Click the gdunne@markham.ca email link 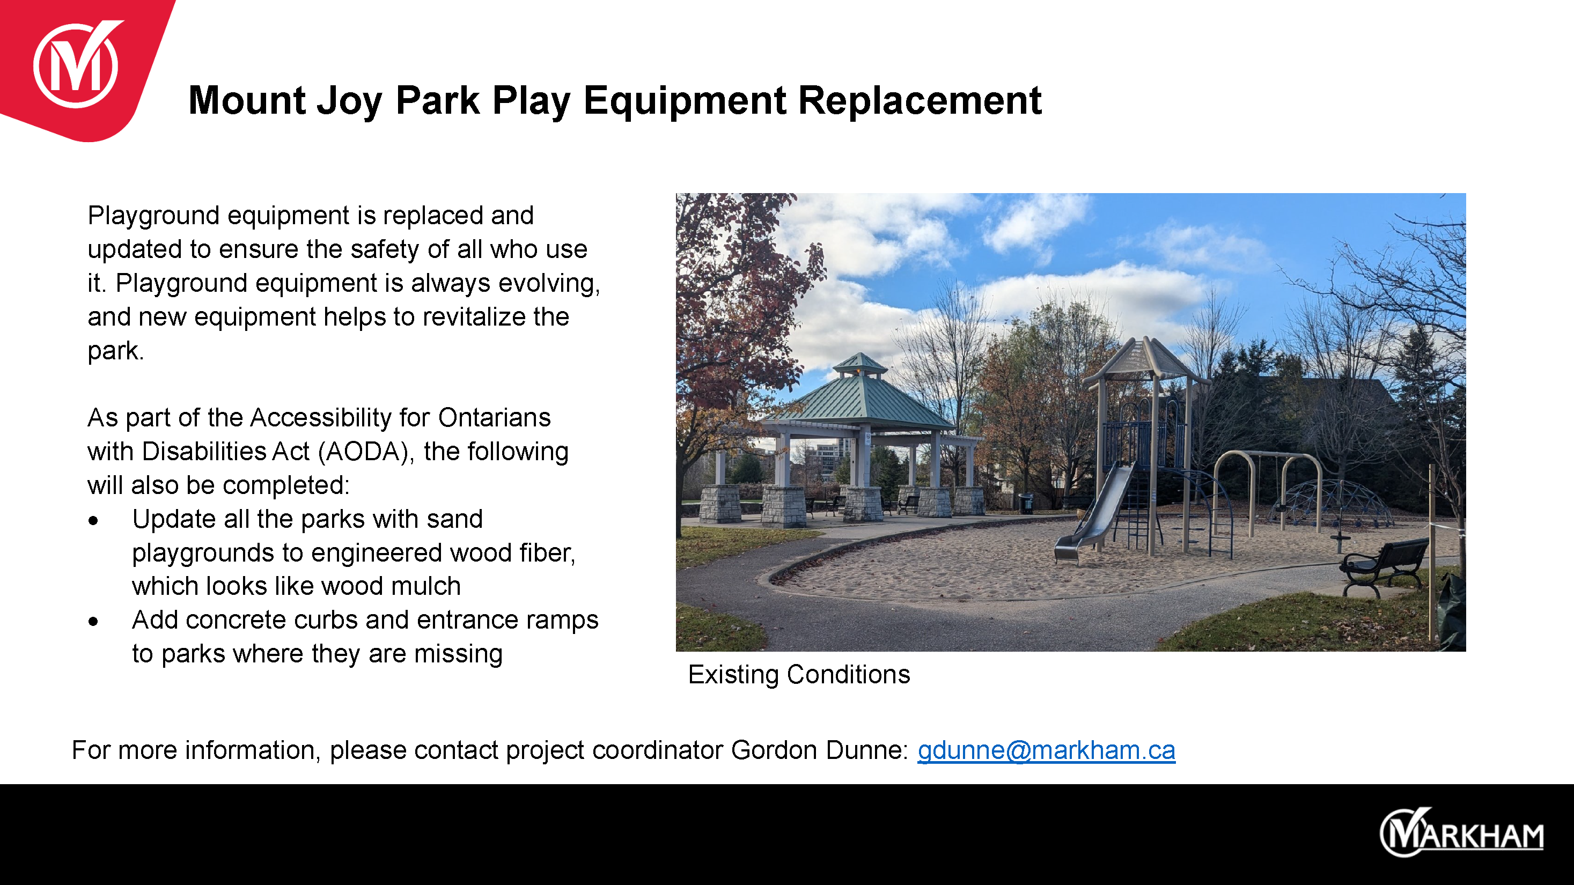coord(1046,750)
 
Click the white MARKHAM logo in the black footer coord(1461,833)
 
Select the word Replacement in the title coord(920,100)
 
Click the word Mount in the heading coord(247,100)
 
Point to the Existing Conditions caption coord(799,675)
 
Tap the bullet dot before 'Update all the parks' coord(93,520)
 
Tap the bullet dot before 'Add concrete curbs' coord(93,622)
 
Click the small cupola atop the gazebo coord(860,364)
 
